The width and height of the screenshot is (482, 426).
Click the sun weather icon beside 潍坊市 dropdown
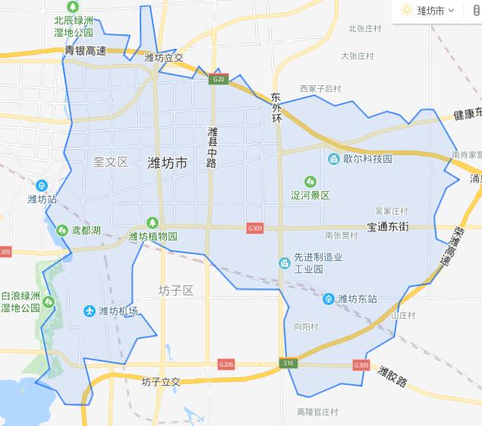407,11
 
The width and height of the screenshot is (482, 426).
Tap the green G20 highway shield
219,78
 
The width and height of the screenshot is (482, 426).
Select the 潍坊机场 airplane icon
89,311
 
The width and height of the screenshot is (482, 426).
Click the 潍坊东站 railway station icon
328,299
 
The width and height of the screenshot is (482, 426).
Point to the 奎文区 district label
111,162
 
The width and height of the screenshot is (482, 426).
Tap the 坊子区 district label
176,291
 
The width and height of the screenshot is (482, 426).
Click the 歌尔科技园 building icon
333,159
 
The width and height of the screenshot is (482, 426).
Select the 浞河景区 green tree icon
309,181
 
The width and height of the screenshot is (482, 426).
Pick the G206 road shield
225,364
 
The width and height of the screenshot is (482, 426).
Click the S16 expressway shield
288,364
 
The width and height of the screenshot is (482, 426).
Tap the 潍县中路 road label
212,147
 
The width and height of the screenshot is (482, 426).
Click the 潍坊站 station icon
42,185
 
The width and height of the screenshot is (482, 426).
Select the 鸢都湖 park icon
61,230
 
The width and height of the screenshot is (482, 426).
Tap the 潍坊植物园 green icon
152,222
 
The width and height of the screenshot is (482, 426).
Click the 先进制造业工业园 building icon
284,263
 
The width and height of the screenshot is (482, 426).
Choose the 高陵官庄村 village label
317,412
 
